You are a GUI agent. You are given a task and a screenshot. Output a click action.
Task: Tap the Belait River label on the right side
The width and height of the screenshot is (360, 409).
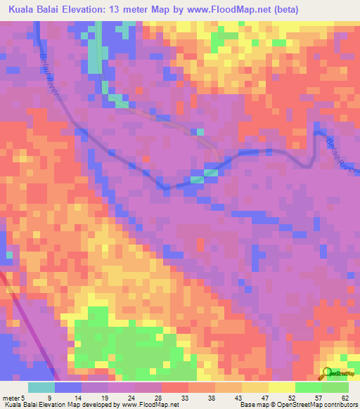coord(340,153)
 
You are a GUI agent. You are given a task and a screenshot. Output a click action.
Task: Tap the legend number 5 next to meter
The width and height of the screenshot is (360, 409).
coord(23,397)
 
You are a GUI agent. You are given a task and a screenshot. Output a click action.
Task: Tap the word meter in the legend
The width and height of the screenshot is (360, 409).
coord(11,397)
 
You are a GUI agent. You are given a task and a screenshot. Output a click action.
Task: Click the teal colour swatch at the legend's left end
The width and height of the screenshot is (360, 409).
coord(41,387)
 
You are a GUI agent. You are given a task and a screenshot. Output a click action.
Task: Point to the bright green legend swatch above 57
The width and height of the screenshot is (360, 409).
coord(308,387)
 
